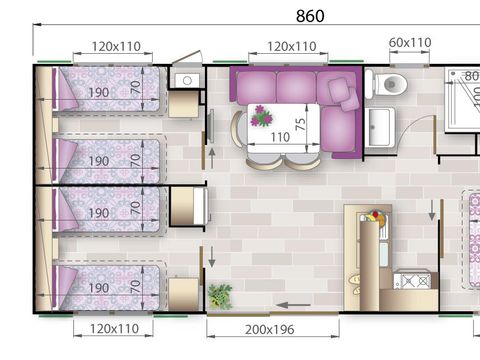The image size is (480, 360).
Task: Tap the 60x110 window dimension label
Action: (410, 43)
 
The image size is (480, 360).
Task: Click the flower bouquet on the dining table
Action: (262, 116)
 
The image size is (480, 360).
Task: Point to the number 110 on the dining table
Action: (279, 137)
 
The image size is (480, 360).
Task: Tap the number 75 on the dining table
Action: (299, 123)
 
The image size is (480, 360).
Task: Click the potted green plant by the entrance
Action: (219, 296)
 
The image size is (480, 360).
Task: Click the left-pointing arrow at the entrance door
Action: (291, 306)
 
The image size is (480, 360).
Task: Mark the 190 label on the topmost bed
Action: (98, 92)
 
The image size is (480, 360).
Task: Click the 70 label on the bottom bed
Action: (135, 287)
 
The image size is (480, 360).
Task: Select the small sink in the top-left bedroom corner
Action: (186, 80)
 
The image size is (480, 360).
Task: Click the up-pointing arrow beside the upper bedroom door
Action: (210, 156)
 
